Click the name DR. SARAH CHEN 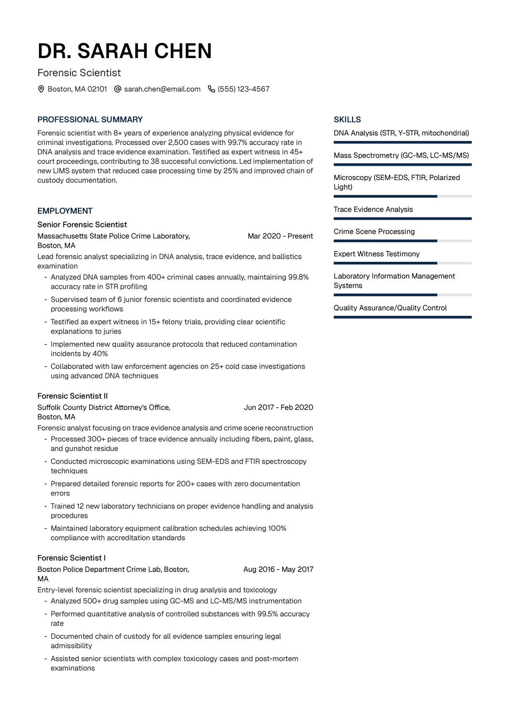(x=125, y=51)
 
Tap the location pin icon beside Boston (x=41, y=89)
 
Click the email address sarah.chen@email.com (x=162, y=89)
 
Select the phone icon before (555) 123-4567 (x=211, y=89)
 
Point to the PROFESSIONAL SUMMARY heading (x=90, y=120)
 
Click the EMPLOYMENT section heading (x=65, y=211)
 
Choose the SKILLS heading (x=347, y=120)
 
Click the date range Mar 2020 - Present (x=280, y=236)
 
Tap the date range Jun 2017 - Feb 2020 (x=278, y=407)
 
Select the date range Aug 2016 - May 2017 (x=278, y=569)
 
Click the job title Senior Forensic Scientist (x=82, y=224)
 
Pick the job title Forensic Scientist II (x=73, y=396)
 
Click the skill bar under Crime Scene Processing (x=402, y=241)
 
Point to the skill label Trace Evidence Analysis (x=373, y=209)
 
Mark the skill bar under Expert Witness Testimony (x=402, y=263)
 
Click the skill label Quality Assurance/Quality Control (x=390, y=308)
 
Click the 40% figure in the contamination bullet (x=100, y=353)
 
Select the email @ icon (x=118, y=89)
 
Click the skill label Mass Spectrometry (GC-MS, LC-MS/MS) (x=401, y=155)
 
